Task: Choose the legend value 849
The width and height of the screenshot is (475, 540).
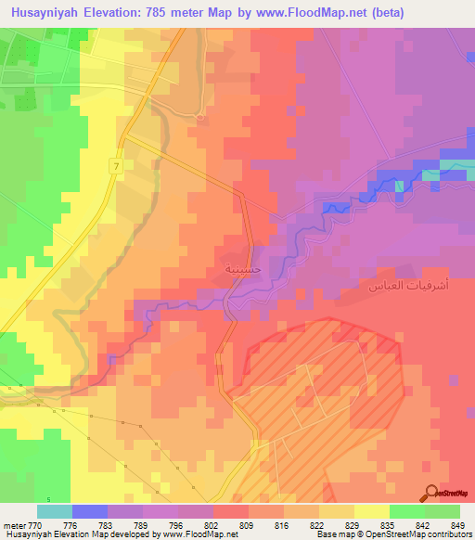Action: tap(456, 524)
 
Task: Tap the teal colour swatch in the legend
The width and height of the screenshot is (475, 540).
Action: tap(55, 511)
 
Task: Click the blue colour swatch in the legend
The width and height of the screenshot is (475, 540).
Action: tap(90, 511)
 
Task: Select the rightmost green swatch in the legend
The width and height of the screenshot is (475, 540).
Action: tap(443, 511)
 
